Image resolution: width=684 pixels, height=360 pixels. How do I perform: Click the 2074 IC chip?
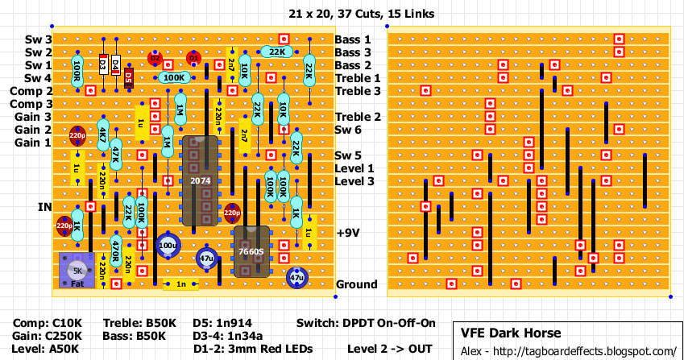200,181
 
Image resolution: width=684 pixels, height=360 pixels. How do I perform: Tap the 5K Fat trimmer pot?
77,271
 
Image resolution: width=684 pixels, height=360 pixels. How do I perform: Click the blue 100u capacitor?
168,245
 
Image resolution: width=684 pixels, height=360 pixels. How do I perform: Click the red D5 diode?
128,77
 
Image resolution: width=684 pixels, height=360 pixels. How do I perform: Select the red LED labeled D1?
193,58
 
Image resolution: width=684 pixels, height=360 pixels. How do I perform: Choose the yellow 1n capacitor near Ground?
180,284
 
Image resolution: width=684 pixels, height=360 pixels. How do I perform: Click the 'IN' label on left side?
44,207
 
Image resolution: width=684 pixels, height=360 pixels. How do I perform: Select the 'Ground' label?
356,284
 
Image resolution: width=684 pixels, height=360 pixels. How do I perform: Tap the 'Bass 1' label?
353,39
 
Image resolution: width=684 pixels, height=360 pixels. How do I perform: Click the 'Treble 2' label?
358,117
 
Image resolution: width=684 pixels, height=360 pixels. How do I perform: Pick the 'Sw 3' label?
38,39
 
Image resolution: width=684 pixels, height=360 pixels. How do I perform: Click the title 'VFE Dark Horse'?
510,333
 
